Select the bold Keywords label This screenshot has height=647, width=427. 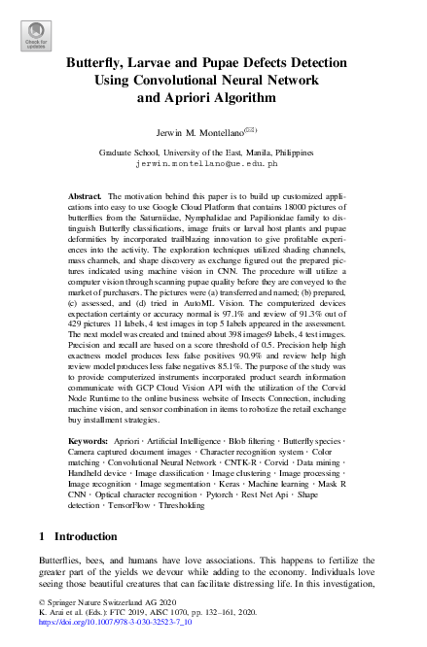click(88, 441)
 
